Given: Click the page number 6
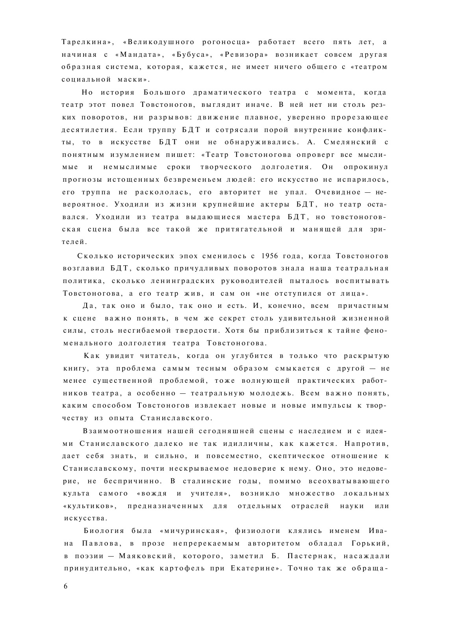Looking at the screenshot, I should [x=66, y=586].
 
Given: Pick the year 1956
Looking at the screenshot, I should [x=270, y=256].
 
